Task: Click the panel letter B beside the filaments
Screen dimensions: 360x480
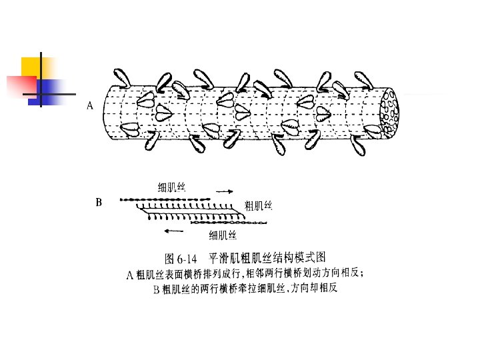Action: pyautogui.click(x=99, y=201)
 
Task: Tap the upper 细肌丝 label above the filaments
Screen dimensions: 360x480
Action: pyautogui.click(x=171, y=187)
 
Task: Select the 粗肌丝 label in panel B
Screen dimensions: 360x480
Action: pyautogui.click(x=259, y=205)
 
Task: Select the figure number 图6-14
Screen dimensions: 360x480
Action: pyautogui.click(x=182, y=257)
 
